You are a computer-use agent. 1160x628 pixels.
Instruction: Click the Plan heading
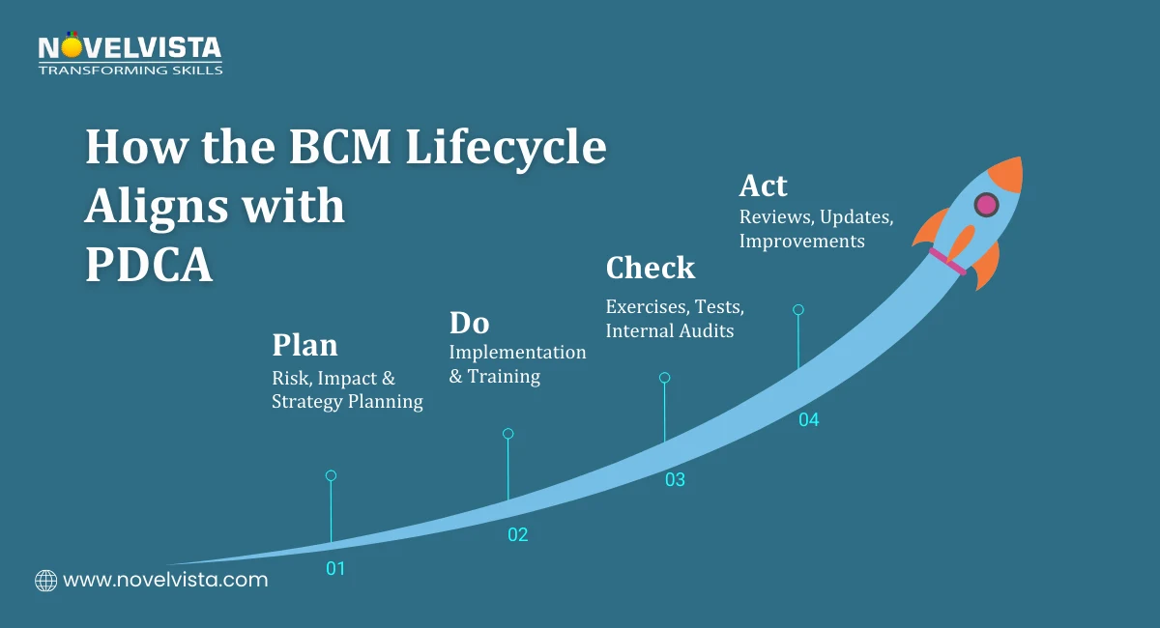click(304, 345)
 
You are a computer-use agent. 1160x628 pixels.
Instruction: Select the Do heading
click(469, 322)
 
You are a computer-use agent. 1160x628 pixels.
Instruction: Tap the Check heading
click(650, 268)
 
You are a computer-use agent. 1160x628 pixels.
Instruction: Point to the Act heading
click(763, 186)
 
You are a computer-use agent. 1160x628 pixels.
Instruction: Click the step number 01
click(334, 569)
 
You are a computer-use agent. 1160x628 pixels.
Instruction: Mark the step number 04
click(808, 420)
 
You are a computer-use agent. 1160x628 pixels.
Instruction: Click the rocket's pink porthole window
click(986, 204)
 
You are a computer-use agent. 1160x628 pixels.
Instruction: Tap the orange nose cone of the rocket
click(1007, 173)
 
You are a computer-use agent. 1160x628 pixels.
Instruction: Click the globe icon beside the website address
click(45, 581)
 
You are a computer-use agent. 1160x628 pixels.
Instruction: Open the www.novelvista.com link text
click(164, 581)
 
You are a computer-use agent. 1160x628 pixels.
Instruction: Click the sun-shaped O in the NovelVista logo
click(71, 46)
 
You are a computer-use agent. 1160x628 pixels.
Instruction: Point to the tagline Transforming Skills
click(130, 70)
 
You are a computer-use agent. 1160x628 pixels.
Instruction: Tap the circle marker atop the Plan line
click(331, 475)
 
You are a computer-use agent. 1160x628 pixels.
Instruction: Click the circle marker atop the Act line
click(797, 310)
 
